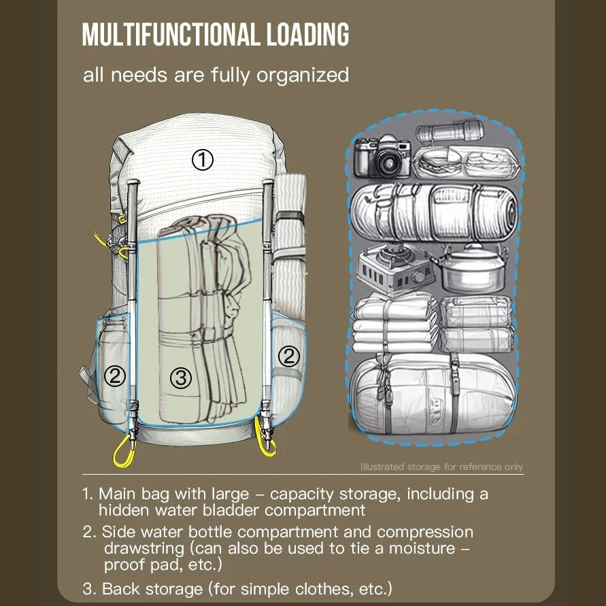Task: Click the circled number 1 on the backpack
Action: (x=202, y=160)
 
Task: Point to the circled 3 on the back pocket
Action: (x=180, y=378)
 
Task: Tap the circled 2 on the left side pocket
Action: (x=114, y=375)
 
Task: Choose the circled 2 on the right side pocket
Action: (x=289, y=356)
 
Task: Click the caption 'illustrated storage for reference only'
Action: (x=441, y=467)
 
